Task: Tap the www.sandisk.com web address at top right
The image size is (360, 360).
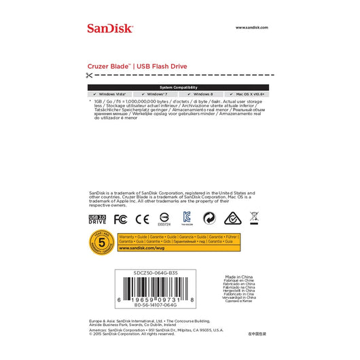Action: [x=252, y=27]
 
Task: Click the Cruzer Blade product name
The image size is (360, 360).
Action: [x=109, y=66]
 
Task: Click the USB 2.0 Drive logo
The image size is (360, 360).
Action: [x=98, y=219]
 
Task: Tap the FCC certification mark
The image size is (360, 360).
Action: [x=120, y=219]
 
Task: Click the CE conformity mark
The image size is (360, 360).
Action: [x=142, y=219]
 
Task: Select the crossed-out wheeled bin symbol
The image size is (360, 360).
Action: [x=254, y=218]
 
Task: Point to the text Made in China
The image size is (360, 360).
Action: [x=241, y=277]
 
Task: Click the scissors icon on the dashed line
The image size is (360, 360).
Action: [x=90, y=76]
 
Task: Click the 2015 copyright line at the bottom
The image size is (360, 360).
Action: [x=132, y=334]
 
